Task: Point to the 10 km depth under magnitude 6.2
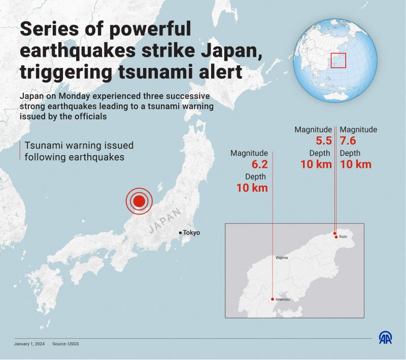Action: [x=252, y=188]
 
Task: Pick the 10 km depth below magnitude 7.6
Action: [x=355, y=164]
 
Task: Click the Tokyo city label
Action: [x=191, y=233]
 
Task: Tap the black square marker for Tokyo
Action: [x=180, y=233]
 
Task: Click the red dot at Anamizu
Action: [x=273, y=299]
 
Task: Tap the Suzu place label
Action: [x=343, y=237]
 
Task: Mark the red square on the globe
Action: [x=338, y=60]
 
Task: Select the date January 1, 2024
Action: [x=29, y=344]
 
